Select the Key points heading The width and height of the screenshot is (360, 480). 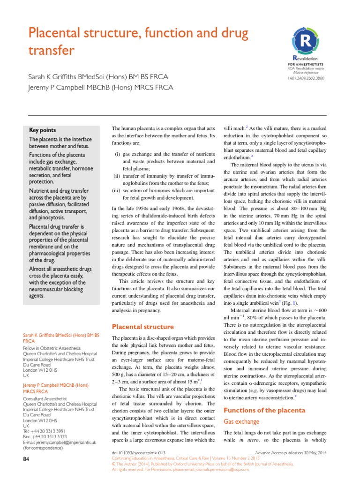(x=43, y=130)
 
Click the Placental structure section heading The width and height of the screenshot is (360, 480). (x=142, y=327)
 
